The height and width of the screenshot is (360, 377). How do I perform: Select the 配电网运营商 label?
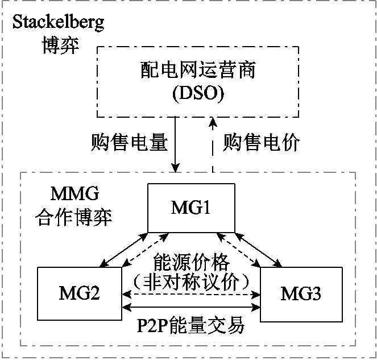coord(198,71)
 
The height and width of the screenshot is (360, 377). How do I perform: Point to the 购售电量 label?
coord(130,142)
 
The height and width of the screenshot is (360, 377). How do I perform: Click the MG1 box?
coord(191,208)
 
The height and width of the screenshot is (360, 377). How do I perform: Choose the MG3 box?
coord(301,294)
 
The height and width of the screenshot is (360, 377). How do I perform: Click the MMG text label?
coord(56,195)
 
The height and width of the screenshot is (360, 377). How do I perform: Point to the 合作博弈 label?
coord(73,217)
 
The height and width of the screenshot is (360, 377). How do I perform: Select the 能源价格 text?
coord(191,262)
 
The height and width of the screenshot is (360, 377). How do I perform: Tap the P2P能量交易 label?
coord(191,326)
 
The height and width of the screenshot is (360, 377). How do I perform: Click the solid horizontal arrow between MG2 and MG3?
coord(191,308)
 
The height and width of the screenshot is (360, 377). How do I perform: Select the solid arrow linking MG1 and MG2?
coord(121,249)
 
